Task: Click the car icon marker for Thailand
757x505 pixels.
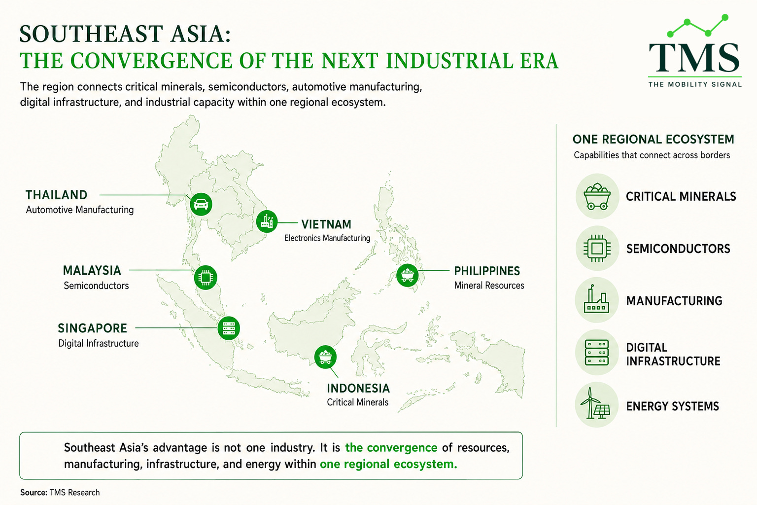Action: coord(201,204)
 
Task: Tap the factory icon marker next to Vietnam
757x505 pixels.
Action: coord(267,221)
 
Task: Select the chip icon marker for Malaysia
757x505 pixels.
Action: coord(206,277)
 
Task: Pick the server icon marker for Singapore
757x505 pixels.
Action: coord(229,328)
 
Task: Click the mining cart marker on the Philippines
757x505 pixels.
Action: coord(407,275)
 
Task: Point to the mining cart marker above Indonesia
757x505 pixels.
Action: coord(325,357)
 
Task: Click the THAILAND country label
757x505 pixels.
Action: coord(57,195)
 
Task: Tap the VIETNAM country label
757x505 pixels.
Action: coord(326,224)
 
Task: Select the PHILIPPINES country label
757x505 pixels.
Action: coord(487,271)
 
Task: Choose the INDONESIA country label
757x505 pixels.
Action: coord(358,388)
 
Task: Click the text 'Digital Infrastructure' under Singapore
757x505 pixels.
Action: coord(99,343)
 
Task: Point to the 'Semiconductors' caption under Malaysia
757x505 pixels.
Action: coord(96,286)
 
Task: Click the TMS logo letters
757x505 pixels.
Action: coord(694,58)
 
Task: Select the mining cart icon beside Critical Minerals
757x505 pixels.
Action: coord(597,196)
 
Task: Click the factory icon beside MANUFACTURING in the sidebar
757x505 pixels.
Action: coord(596,299)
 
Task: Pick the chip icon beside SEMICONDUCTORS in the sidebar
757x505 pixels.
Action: coord(597,249)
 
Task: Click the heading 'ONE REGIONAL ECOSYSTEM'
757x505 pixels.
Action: coord(653,140)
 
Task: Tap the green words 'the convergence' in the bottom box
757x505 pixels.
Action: coord(391,447)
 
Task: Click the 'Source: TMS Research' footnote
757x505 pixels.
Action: coord(60,493)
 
